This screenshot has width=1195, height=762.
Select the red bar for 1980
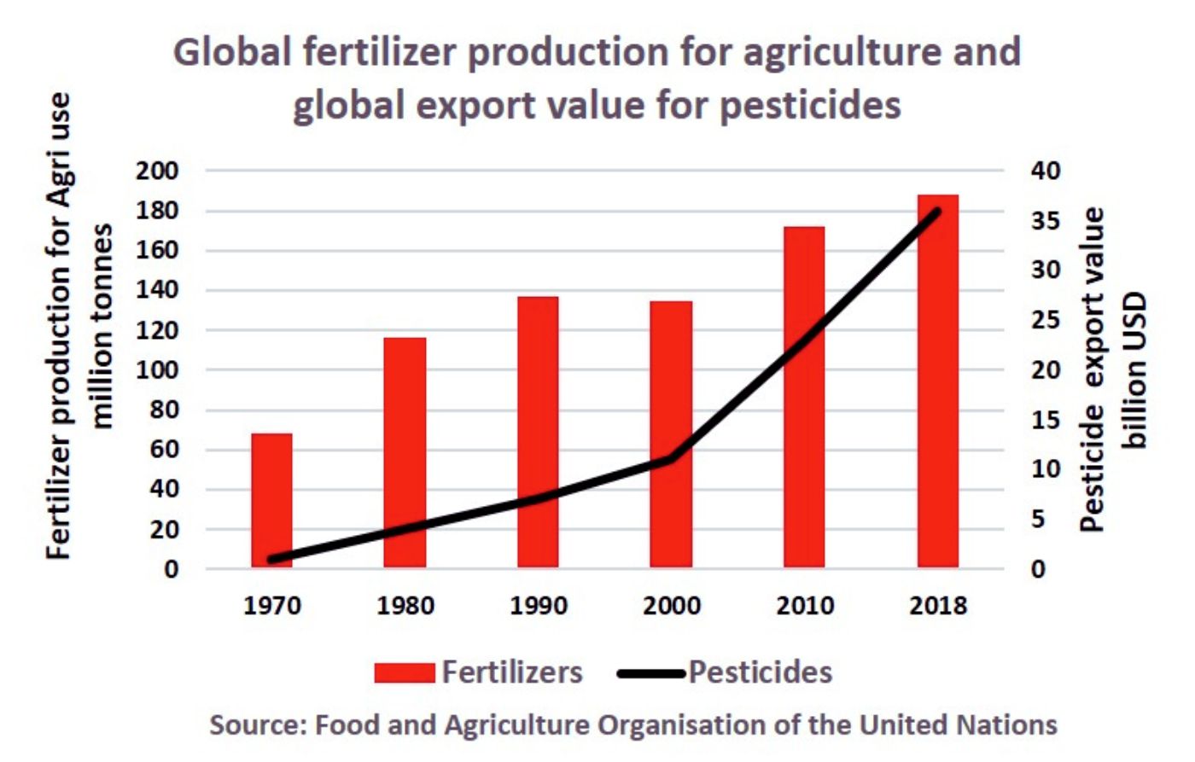pos(405,452)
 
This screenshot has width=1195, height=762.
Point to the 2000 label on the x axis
pos(671,606)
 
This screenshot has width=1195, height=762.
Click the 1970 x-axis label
pos(272,606)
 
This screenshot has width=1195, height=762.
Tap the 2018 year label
pos(937,606)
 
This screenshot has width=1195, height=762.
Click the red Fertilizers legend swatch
pos(404,673)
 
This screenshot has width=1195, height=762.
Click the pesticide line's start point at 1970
pos(272,560)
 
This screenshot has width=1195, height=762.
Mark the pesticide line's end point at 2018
pos(937,212)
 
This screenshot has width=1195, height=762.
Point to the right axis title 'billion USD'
pos(1136,370)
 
